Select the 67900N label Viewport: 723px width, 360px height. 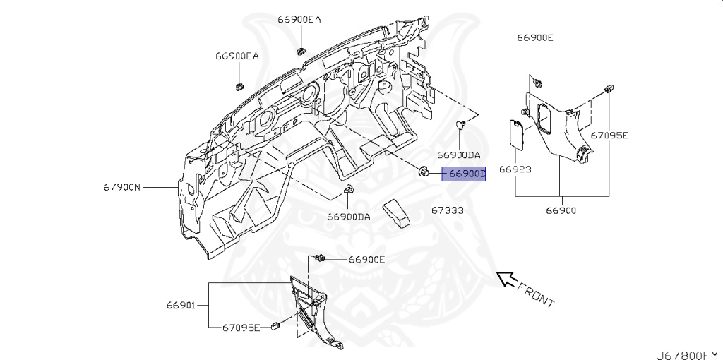click(x=121, y=187)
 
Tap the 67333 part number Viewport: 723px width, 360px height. click(x=448, y=210)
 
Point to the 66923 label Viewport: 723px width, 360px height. click(x=515, y=169)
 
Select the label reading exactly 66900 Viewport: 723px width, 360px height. click(x=561, y=210)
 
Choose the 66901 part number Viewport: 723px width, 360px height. click(x=181, y=305)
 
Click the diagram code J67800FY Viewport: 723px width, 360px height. click(x=687, y=354)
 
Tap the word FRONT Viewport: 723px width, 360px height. click(x=536, y=294)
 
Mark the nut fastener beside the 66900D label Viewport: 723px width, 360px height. click(x=424, y=172)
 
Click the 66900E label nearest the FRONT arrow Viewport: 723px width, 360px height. click(x=366, y=260)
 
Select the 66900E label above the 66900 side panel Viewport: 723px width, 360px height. click(x=535, y=38)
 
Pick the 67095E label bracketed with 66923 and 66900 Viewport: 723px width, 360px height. click(x=609, y=135)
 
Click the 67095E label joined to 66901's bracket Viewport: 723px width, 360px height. click(x=241, y=328)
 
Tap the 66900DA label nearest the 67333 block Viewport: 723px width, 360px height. click(x=349, y=217)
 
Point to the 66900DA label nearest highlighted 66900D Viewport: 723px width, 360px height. click(x=458, y=155)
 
